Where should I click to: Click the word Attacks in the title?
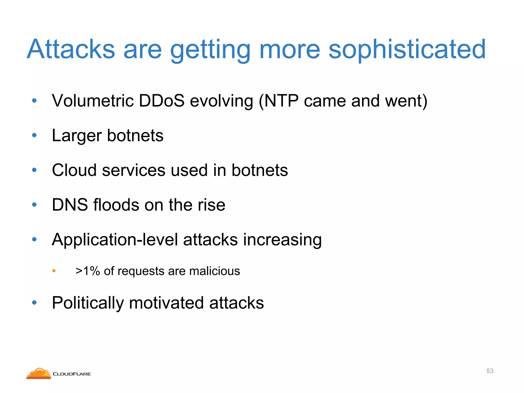point(71,49)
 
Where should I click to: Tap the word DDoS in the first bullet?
point(161,101)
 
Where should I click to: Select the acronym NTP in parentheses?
point(281,101)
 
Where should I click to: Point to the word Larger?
point(77,136)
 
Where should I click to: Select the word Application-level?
point(115,240)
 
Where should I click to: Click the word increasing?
point(282,240)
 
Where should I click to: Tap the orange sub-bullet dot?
point(54,271)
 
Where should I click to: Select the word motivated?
point(166,303)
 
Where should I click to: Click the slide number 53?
point(489,371)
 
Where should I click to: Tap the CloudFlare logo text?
point(72,374)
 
